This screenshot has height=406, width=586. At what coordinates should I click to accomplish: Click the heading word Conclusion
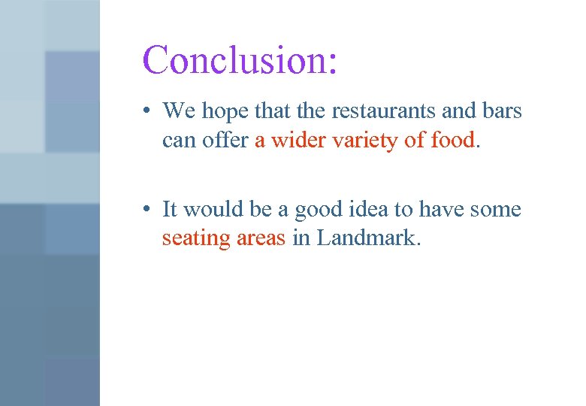[x=234, y=59]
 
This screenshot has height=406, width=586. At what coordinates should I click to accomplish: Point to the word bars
[x=501, y=111]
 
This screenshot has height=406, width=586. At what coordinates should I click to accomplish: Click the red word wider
[x=295, y=141]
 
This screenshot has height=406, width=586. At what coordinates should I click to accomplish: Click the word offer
[x=223, y=141]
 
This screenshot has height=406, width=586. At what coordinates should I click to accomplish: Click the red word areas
[x=261, y=238]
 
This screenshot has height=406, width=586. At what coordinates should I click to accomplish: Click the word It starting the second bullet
[x=170, y=209]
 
